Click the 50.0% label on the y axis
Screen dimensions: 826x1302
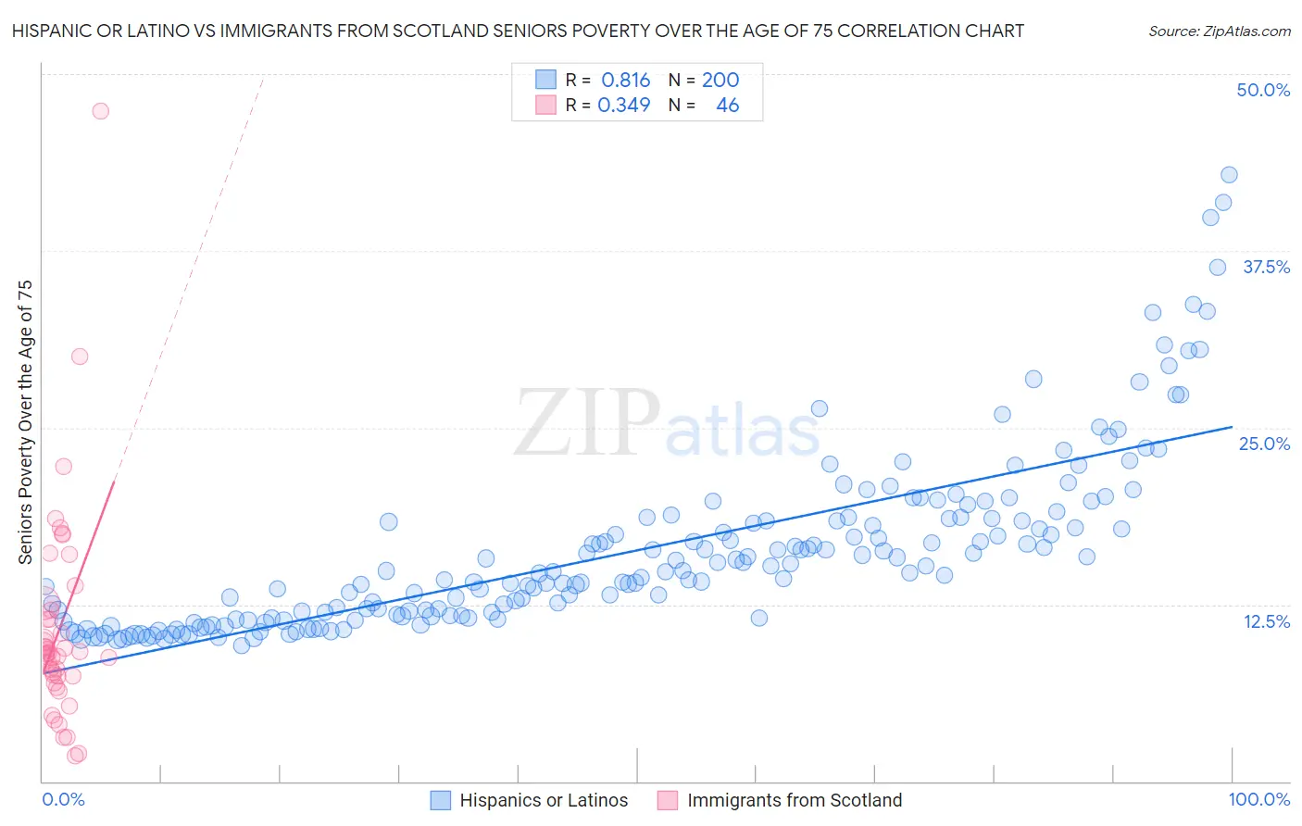tap(1263, 90)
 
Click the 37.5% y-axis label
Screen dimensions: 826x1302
tap(1266, 267)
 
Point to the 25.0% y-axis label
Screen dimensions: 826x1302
tap(1264, 444)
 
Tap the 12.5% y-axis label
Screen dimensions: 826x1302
tap(1266, 621)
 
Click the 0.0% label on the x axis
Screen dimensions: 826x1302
tap(63, 800)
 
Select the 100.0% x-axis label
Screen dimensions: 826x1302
tap(1259, 800)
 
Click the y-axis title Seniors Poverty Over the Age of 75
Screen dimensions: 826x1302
tap(25, 421)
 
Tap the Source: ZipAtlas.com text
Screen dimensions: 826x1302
tap(1219, 31)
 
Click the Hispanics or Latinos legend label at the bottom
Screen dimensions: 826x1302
tap(544, 801)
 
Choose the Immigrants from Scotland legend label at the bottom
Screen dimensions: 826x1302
tap(794, 801)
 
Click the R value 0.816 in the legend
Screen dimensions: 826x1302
tap(625, 80)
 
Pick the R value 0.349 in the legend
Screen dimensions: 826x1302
tap(624, 105)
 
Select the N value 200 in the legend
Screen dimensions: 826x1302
tap(720, 80)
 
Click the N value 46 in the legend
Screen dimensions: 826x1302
tap(727, 105)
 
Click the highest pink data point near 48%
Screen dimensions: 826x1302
tap(100, 111)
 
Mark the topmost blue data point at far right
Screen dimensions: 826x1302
tap(1229, 175)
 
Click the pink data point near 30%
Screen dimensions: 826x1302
tap(80, 357)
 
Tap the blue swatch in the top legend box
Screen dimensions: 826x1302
tap(546, 80)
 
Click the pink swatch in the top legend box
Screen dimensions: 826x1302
tap(546, 105)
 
